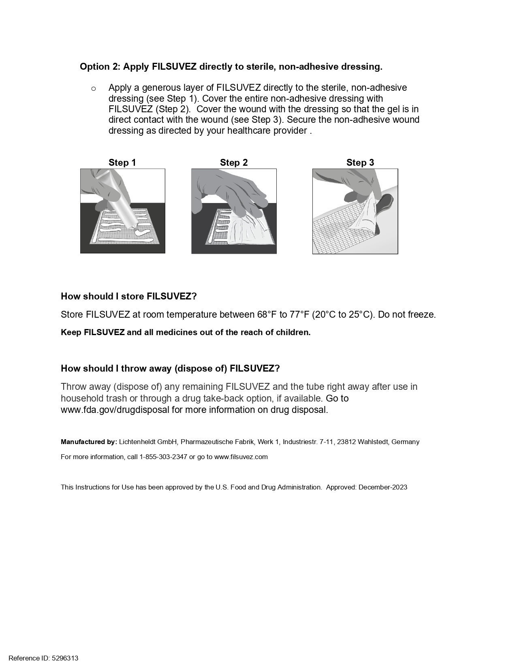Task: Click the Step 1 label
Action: point(122,162)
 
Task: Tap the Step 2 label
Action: point(233,162)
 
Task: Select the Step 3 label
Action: point(360,162)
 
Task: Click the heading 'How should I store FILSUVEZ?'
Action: point(128,296)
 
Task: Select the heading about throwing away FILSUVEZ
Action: point(170,368)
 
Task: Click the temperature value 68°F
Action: point(267,314)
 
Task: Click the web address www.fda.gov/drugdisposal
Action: point(115,410)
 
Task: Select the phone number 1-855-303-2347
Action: point(163,457)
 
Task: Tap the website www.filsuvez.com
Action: point(241,457)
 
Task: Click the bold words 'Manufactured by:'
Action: point(89,442)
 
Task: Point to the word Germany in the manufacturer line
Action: point(405,442)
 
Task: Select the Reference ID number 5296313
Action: point(65,658)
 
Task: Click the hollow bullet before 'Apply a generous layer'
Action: point(94,88)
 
